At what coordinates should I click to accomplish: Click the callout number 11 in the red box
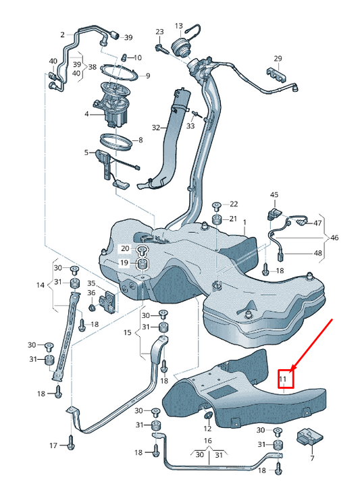pos(283,379)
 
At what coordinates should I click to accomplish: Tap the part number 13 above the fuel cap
pos(179,26)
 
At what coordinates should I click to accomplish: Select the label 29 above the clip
pos(278,59)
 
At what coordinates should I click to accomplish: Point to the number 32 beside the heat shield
pos(156,128)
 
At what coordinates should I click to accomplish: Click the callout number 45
pos(274,195)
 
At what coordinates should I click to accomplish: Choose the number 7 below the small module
pos(312,458)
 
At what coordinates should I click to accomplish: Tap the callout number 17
pos(53,445)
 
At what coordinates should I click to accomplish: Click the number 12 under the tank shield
pos(207,429)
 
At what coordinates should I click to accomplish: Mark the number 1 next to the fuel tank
pos(245,223)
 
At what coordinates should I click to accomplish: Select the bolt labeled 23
pos(160,48)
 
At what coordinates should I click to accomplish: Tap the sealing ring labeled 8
pos(115,142)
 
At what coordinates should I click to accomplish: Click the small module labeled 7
pos(310,437)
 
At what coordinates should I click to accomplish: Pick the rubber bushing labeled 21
pos(216,219)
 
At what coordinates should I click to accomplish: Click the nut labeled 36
pos(92,307)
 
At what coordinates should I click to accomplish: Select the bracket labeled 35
pos(107,300)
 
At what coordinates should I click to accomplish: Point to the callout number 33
pos(190,126)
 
